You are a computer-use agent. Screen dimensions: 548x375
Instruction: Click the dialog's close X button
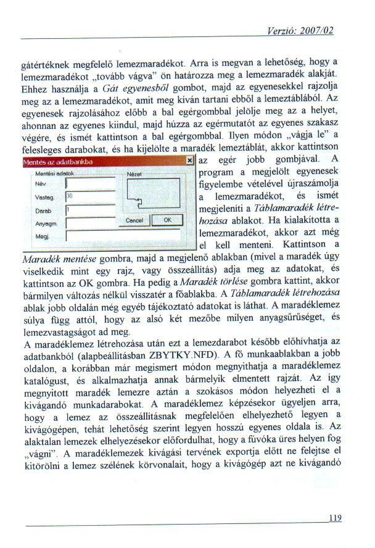(189, 161)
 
